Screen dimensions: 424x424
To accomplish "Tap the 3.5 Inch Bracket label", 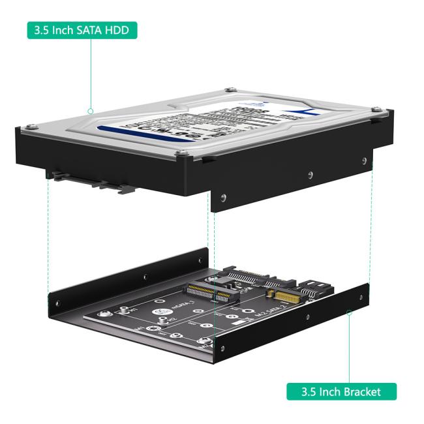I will (342, 391).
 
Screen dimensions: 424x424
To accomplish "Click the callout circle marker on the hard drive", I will (91, 111).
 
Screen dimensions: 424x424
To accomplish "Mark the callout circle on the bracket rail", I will (350, 312).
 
